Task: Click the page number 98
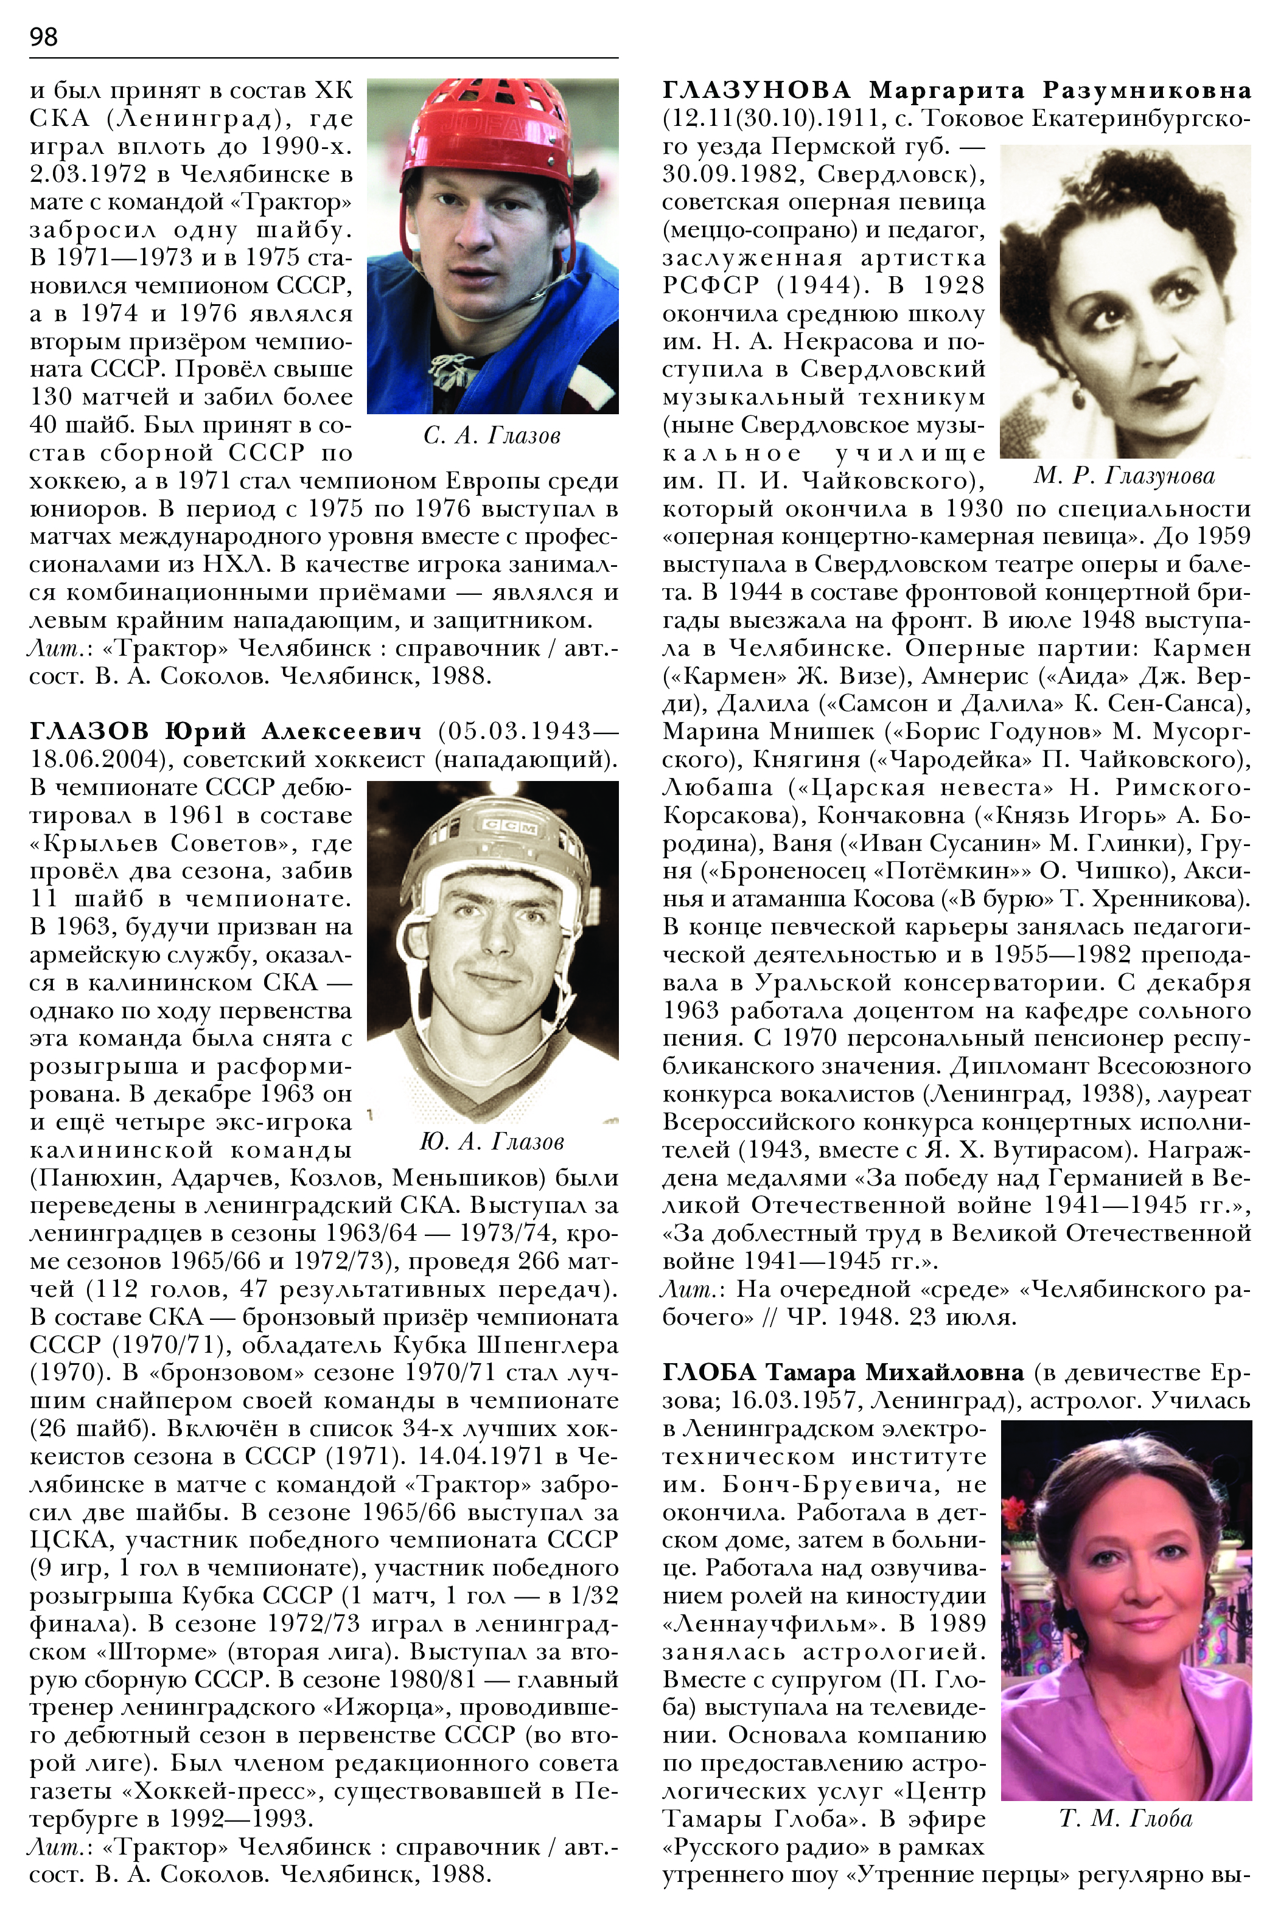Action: click(43, 36)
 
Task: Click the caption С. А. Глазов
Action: click(492, 436)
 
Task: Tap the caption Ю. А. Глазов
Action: click(492, 1142)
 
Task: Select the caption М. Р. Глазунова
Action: click(1125, 476)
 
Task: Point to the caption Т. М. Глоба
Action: click(1126, 1818)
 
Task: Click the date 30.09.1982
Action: click(733, 175)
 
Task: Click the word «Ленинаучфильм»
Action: click(773, 1623)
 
